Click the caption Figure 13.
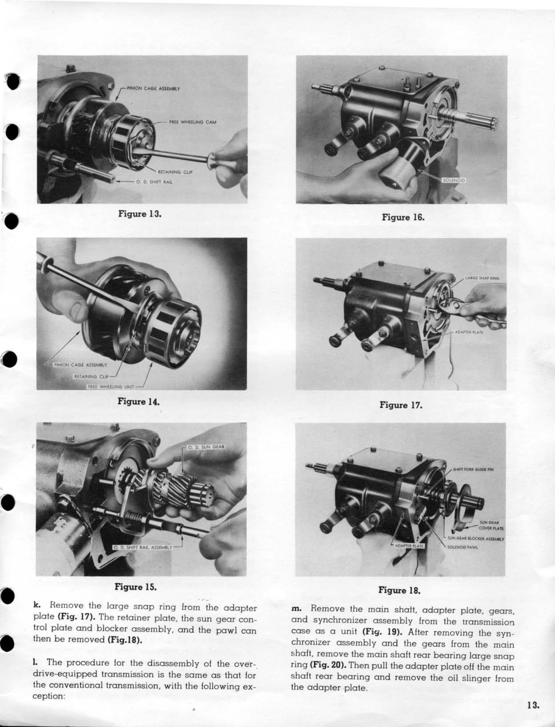tap(139, 213)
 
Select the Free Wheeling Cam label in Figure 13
tap(193, 122)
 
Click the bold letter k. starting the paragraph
tap(37, 605)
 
